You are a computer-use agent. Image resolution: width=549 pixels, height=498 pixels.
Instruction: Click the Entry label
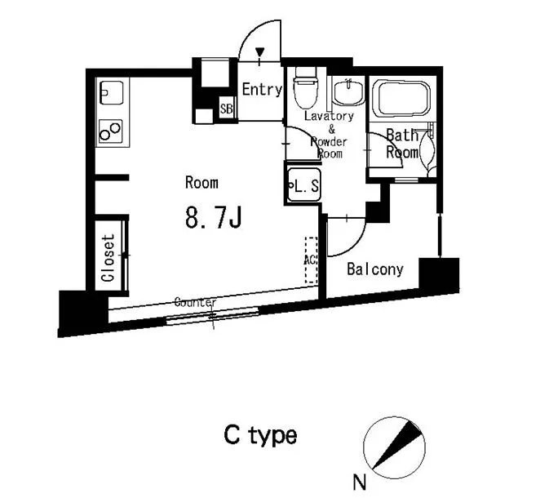coord(261,90)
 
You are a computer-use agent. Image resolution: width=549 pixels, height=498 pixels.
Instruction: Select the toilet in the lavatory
coord(305,90)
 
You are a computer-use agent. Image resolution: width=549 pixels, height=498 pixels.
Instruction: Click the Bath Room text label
coord(402,144)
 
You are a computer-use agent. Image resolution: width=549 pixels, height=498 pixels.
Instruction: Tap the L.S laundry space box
coord(303,185)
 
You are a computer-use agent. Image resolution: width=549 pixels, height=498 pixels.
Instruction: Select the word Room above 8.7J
coord(201,182)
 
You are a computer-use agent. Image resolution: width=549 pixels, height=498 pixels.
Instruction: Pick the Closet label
coord(108,257)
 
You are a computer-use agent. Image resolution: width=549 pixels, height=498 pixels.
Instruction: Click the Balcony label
coord(375,269)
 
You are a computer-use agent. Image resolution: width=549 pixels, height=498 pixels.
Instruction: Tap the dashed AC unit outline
coord(311,260)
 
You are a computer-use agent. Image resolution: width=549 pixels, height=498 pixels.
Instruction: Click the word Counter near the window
coord(196,302)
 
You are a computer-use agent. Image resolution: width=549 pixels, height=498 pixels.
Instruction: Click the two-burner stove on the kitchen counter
coord(109,130)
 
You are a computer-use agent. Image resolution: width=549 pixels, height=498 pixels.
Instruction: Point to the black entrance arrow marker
coord(260,55)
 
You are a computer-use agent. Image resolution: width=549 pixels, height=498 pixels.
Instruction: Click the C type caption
coord(260,435)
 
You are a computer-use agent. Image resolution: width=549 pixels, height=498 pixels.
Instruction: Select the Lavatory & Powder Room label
coord(330,135)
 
